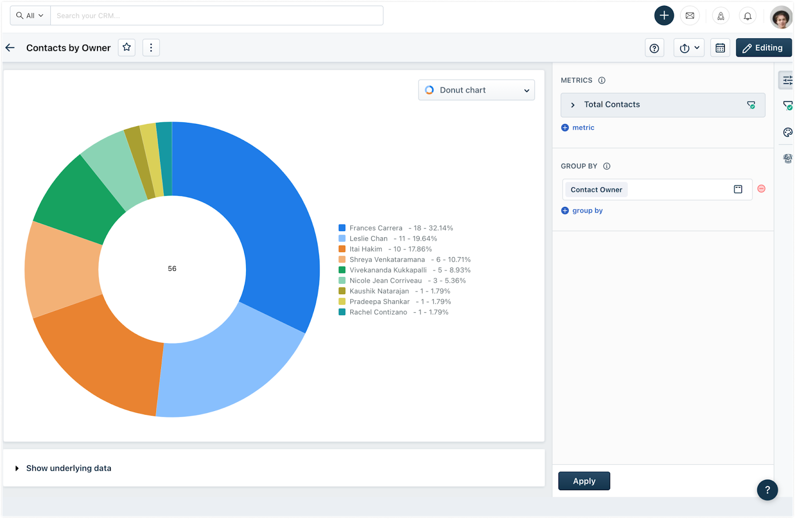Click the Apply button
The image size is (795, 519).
click(584, 481)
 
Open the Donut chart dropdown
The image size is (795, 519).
click(476, 90)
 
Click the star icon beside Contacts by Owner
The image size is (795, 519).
click(127, 47)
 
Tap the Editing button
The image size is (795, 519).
click(763, 48)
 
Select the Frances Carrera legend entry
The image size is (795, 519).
click(376, 228)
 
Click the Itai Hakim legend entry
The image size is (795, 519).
click(366, 249)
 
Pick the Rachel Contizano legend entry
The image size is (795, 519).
click(378, 312)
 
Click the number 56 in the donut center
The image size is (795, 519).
click(172, 268)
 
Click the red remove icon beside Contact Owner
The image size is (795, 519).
click(761, 189)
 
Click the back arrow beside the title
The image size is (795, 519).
click(10, 48)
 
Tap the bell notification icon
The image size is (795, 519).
click(747, 16)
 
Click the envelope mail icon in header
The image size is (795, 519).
click(690, 16)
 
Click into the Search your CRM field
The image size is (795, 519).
click(216, 16)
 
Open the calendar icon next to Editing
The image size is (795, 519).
click(720, 48)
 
